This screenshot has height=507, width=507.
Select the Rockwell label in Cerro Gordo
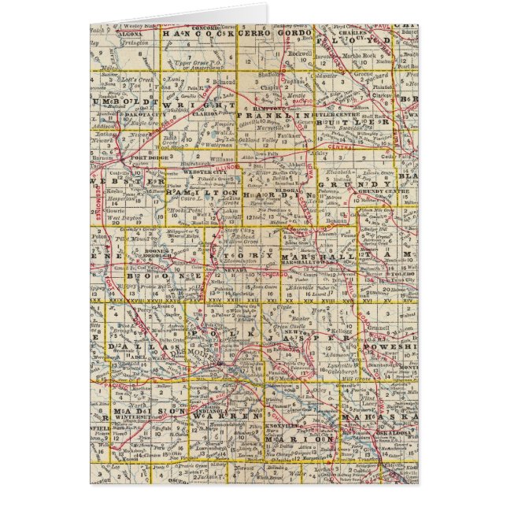[x=323, y=53]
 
